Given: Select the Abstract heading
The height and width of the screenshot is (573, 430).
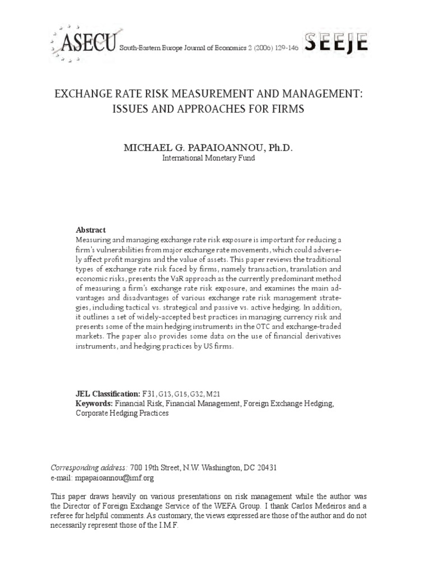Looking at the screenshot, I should click(91, 230).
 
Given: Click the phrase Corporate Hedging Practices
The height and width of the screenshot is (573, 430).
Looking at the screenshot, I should click(122, 414).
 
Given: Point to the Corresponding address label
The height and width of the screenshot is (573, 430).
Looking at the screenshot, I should click(89, 468).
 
